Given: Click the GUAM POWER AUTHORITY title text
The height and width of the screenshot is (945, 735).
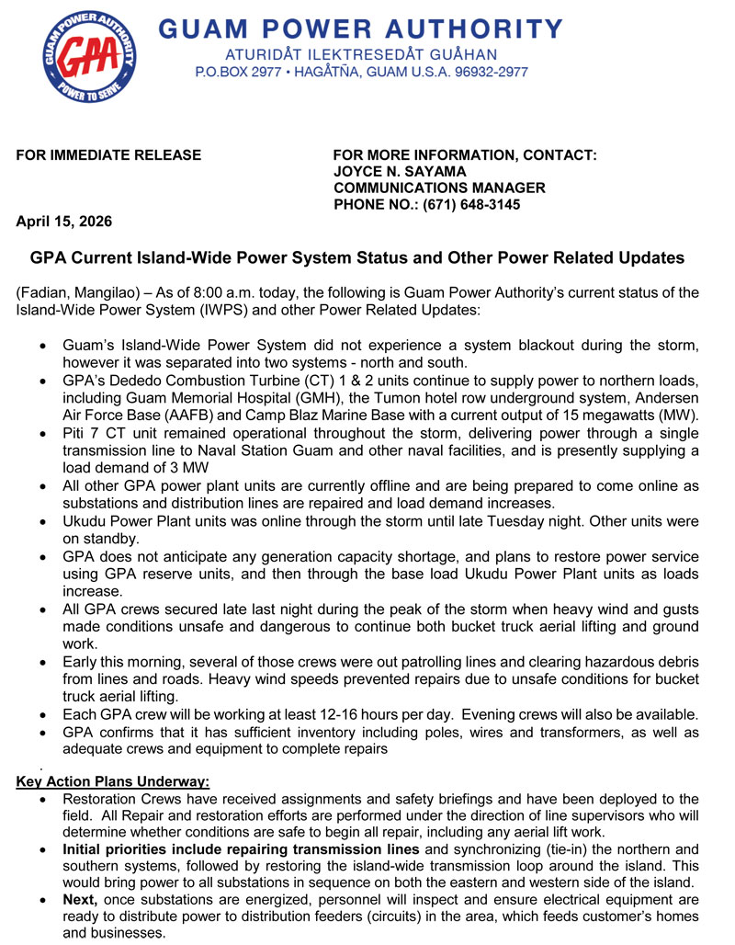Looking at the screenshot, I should click(x=361, y=28).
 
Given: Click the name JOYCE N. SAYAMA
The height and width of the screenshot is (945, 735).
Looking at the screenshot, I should click(x=400, y=171).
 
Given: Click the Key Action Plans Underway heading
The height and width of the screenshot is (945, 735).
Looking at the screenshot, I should click(x=113, y=782).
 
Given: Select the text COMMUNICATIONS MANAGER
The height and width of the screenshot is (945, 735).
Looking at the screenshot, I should click(x=439, y=188).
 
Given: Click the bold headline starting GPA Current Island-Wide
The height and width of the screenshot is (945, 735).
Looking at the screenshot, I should click(x=358, y=258).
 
